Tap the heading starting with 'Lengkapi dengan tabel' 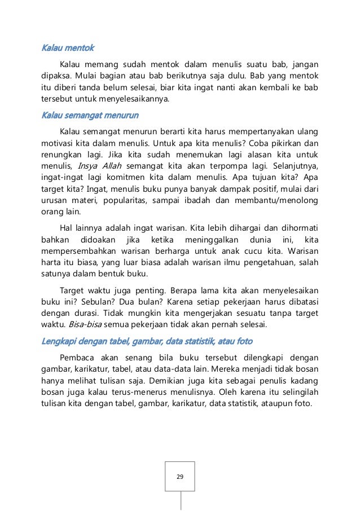click(x=147, y=341)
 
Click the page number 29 click(x=180, y=477)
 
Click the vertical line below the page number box click(x=181, y=501)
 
